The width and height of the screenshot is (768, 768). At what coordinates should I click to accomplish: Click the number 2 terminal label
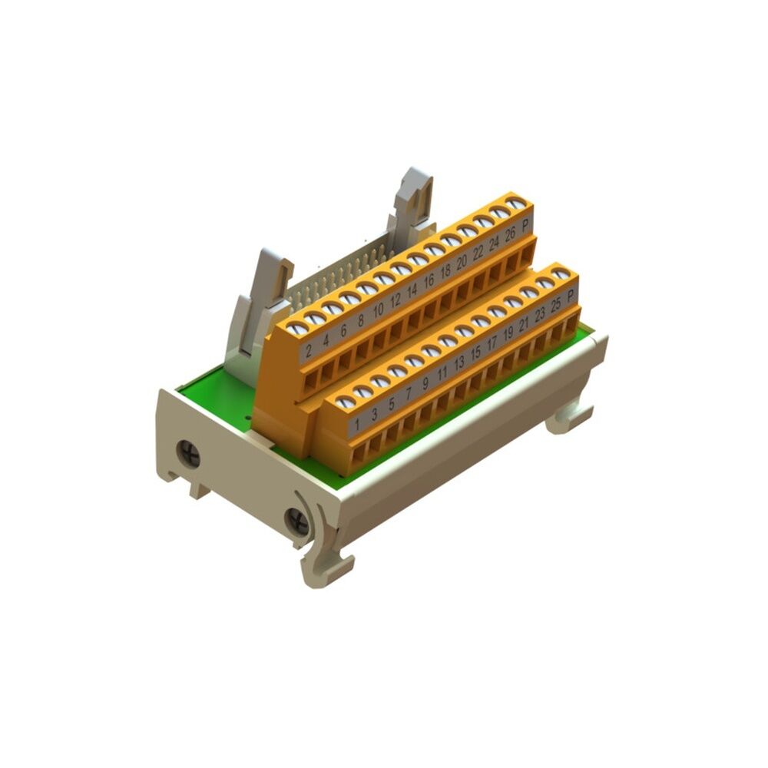(309, 353)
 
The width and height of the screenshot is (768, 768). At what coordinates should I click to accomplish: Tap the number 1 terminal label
(356, 422)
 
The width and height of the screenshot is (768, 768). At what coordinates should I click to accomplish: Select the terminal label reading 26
(509, 235)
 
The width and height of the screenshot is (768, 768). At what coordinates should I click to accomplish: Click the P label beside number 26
(525, 226)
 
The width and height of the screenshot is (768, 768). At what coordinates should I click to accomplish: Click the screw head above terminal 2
(297, 329)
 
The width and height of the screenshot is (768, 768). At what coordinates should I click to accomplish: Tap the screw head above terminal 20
(450, 240)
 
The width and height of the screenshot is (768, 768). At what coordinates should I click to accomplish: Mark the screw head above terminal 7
(397, 371)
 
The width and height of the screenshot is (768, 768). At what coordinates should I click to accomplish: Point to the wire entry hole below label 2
(311, 379)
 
